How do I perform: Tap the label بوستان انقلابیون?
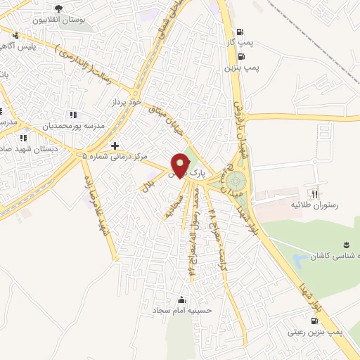pos(66,20)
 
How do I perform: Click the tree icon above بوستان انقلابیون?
pos(58,8)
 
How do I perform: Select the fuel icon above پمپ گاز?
pos(241,32)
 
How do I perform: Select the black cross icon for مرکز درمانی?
pos(115,145)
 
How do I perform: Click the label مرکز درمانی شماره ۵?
pos(115,156)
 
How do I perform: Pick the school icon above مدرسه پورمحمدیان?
pos(72,115)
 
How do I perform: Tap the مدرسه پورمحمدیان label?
pos(76,126)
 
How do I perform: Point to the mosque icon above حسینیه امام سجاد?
pos(183,298)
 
